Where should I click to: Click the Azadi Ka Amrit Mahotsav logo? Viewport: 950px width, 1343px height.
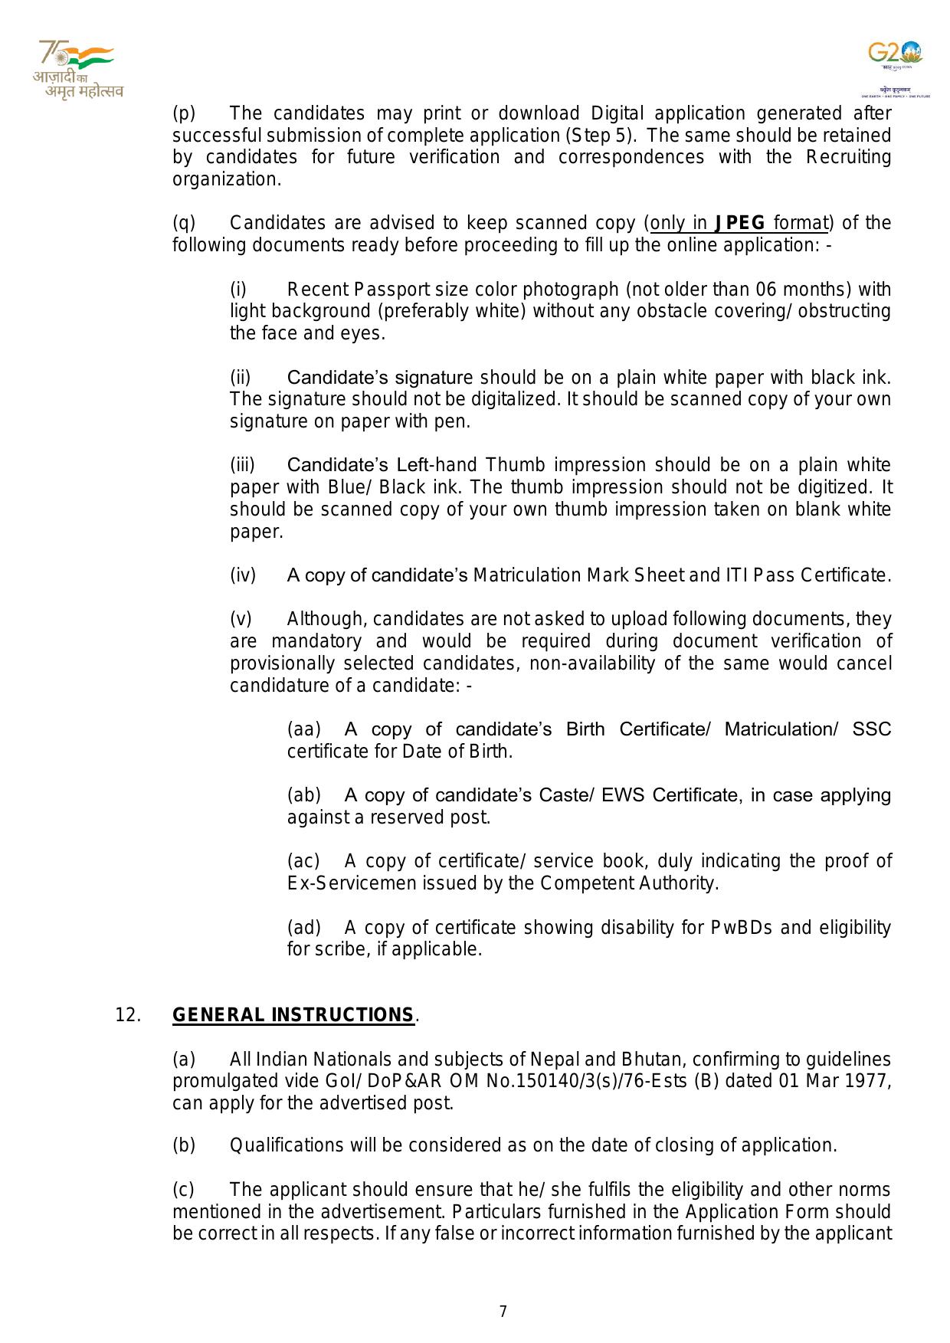[x=77, y=70]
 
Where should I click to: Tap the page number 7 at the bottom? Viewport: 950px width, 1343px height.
[x=503, y=1312]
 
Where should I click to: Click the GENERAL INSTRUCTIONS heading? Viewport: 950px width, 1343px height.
[x=293, y=1015]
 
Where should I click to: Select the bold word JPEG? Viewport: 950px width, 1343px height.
[x=739, y=223]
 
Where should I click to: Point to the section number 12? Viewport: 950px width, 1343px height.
[x=128, y=1015]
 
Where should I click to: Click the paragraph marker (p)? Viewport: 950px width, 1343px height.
[x=184, y=113]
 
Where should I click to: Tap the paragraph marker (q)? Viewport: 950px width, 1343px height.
[x=184, y=223]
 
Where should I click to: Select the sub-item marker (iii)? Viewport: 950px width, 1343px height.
[x=243, y=465]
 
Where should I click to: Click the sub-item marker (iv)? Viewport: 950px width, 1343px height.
[x=243, y=575]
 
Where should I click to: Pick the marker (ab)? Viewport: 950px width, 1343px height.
[x=304, y=795]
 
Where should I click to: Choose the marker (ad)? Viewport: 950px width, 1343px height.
[x=304, y=928]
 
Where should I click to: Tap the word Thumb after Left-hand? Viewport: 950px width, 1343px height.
[x=516, y=465]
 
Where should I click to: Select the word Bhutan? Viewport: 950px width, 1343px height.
[x=628, y=1060]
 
